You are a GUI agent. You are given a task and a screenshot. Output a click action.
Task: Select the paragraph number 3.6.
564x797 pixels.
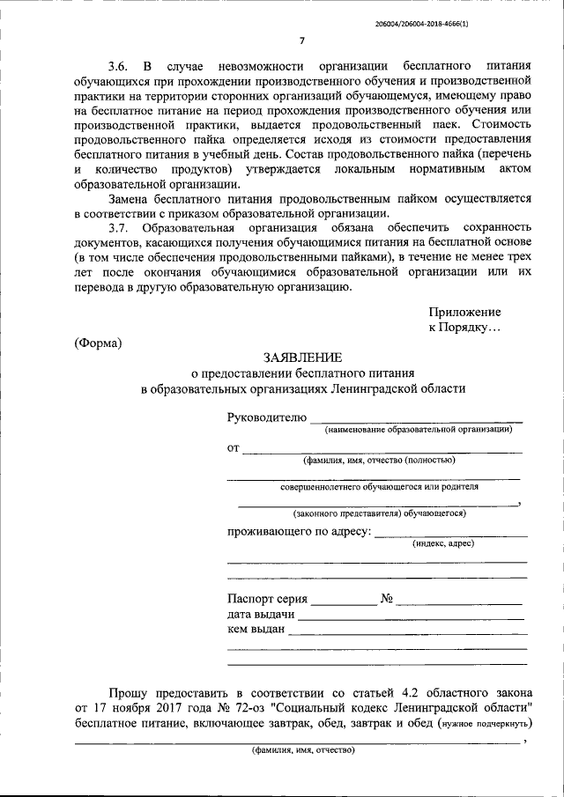click(x=118, y=66)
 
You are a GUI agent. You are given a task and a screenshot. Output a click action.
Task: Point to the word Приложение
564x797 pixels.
click(x=464, y=312)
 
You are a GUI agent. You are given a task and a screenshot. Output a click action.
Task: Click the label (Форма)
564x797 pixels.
click(x=98, y=342)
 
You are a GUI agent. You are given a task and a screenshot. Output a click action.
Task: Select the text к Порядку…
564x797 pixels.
click(x=464, y=327)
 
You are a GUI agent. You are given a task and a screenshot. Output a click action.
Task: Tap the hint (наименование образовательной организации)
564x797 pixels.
click(x=418, y=429)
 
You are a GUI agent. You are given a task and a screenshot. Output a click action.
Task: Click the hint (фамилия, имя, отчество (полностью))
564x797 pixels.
click(x=379, y=460)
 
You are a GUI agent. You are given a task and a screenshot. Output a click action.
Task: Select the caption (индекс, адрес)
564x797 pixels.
click(x=442, y=544)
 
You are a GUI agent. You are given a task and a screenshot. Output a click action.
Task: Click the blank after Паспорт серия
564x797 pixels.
click(x=343, y=603)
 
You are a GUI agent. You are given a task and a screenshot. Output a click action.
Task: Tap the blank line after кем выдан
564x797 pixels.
click(x=407, y=633)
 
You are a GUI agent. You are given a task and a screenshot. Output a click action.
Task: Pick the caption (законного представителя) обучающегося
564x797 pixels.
click(x=379, y=513)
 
